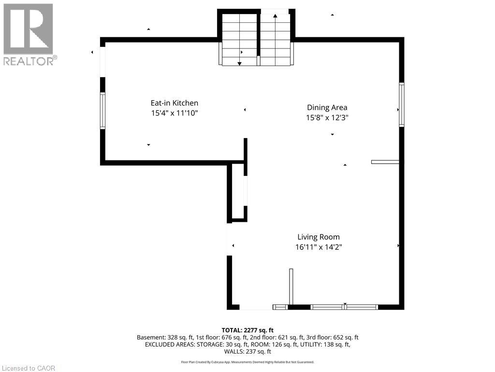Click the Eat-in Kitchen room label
[x=174, y=103]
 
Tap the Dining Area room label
[x=327, y=108]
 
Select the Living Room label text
[x=318, y=237]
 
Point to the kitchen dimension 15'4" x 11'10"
[x=174, y=113]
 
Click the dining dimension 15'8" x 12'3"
[x=327, y=118]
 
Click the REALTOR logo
[x=29, y=34]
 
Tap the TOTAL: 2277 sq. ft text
[x=247, y=330]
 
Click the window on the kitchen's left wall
[x=102, y=111]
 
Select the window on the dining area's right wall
[x=401, y=105]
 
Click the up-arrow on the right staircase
[x=275, y=16]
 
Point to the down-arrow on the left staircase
[x=239, y=63]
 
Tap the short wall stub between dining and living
[x=385, y=162]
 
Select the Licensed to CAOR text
[x=29, y=368]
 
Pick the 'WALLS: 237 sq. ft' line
[x=247, y=352]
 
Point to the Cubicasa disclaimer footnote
[x=247, y=362]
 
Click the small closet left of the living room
[x=238, y=192]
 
